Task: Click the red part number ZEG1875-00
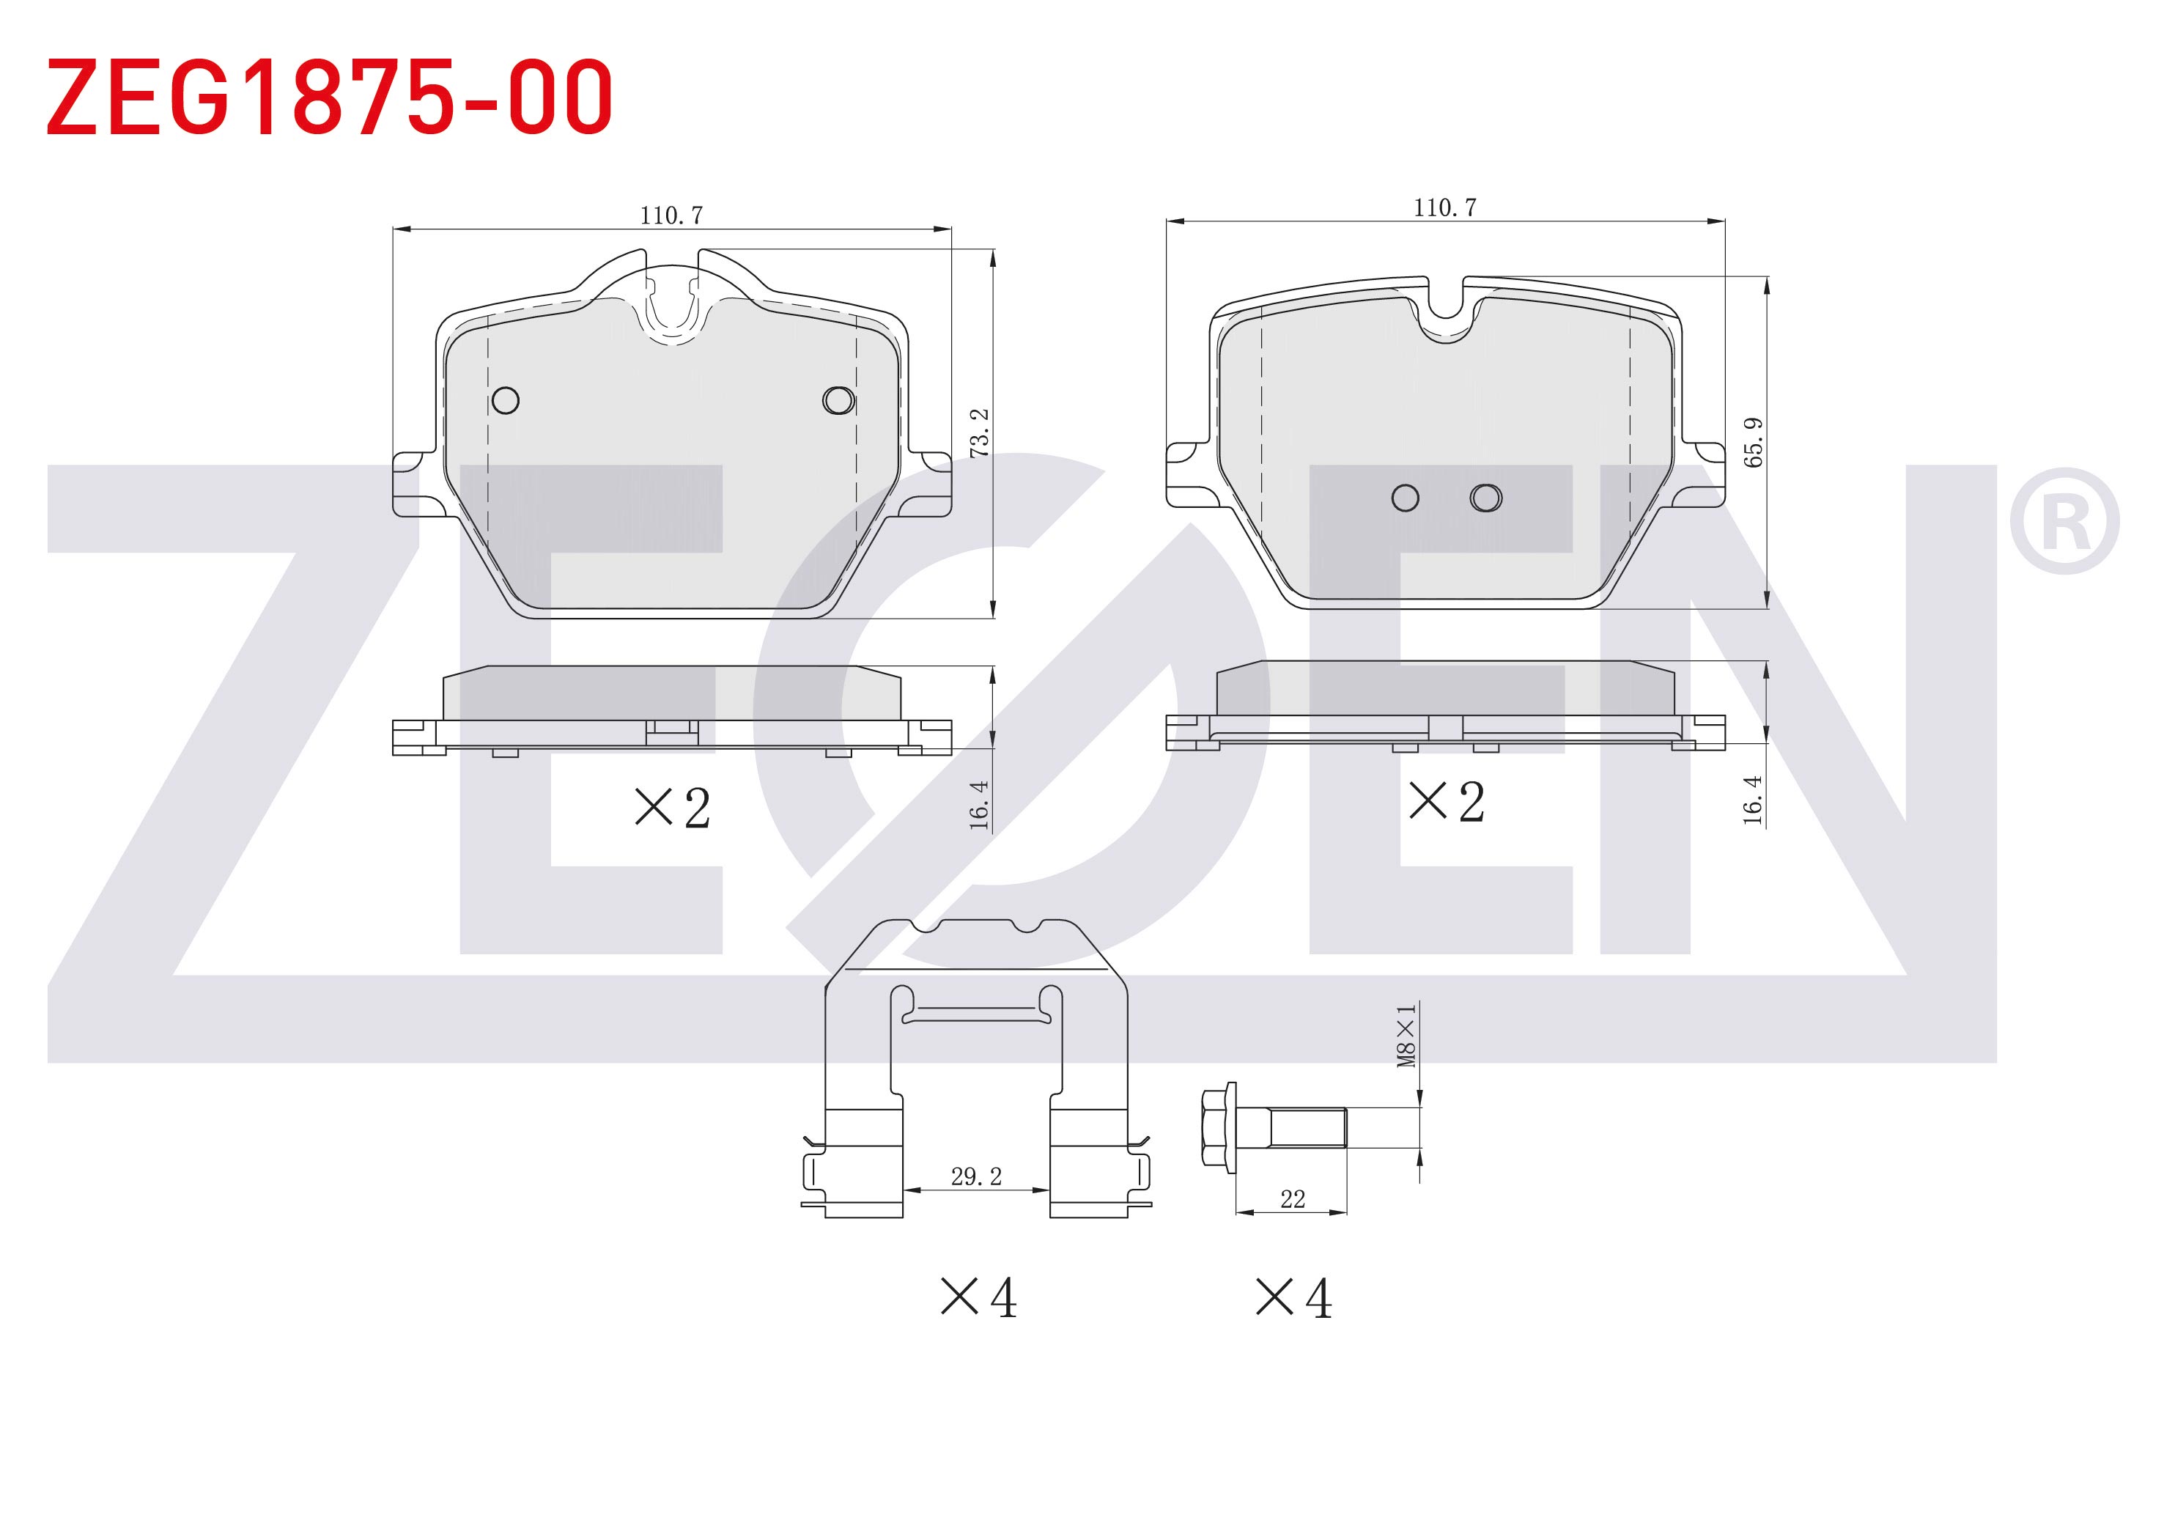coord(330,96)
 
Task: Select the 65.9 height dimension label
coord(1753,442)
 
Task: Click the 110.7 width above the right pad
coord(1445,207)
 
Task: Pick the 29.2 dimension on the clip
coord(976,1176)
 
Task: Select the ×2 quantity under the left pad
coord(673,808)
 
